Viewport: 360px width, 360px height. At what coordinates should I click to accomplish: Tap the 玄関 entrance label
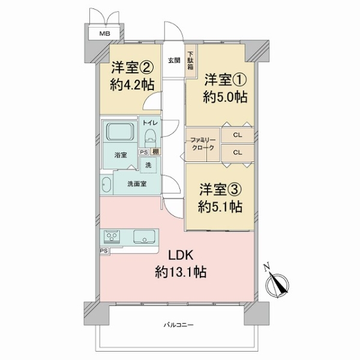174,60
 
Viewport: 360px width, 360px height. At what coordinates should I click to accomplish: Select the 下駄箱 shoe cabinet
191,62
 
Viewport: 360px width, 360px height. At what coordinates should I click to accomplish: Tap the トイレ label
149,121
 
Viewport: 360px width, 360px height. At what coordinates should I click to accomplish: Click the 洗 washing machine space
149,164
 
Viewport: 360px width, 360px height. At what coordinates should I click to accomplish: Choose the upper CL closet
237,136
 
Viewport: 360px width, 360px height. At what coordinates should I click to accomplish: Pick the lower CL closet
237,152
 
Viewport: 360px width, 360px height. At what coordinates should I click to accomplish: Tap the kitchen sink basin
145,236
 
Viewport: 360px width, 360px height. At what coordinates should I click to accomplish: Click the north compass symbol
277,284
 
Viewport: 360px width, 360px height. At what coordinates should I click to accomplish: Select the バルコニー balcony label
180,325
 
